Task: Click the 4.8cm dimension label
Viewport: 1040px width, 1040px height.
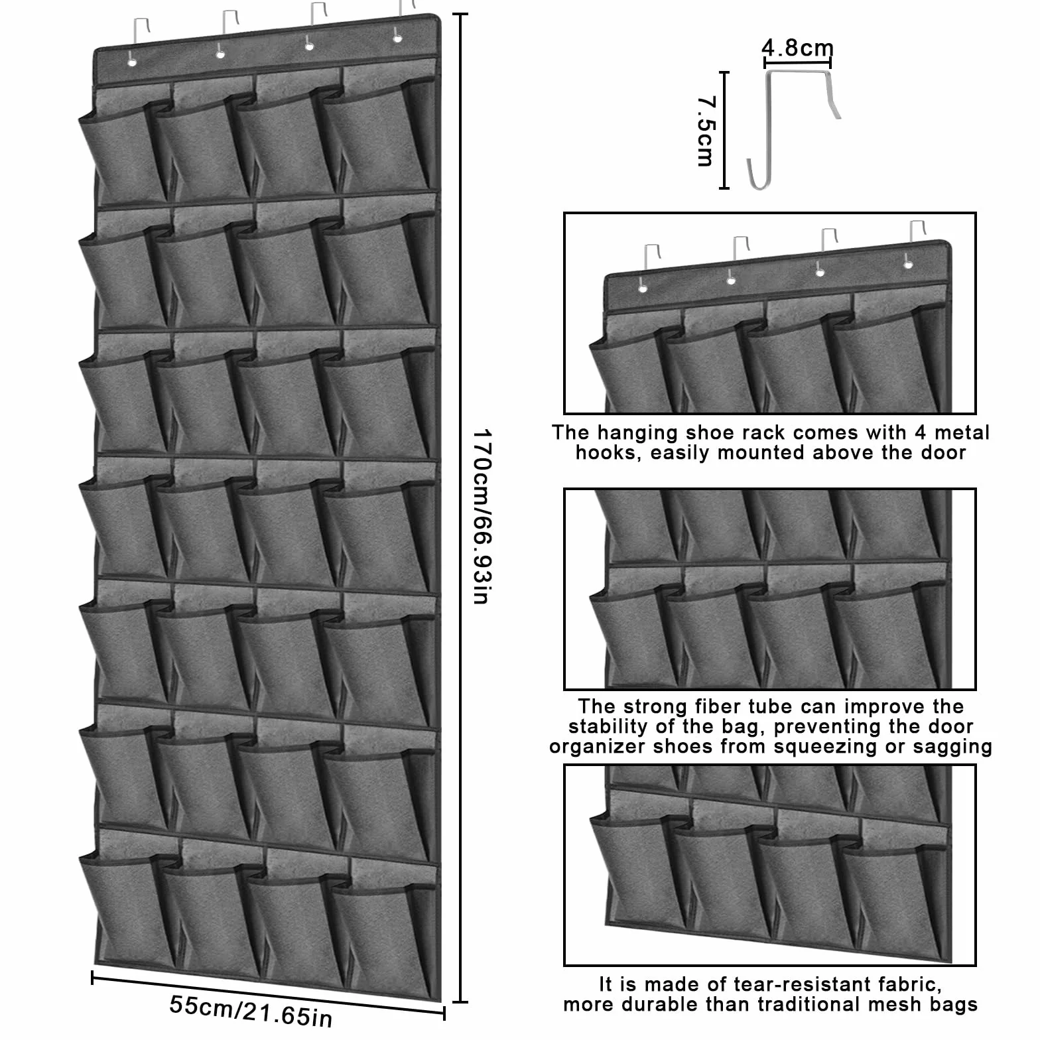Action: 797,48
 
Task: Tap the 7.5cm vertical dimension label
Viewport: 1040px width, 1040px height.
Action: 706,131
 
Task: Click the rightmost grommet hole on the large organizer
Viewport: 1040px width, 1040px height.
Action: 397,38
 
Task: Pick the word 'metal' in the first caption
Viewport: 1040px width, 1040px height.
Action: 961,432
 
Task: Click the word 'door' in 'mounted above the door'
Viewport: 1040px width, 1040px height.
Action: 942,453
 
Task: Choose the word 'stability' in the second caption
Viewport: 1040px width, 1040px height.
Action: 611,727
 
